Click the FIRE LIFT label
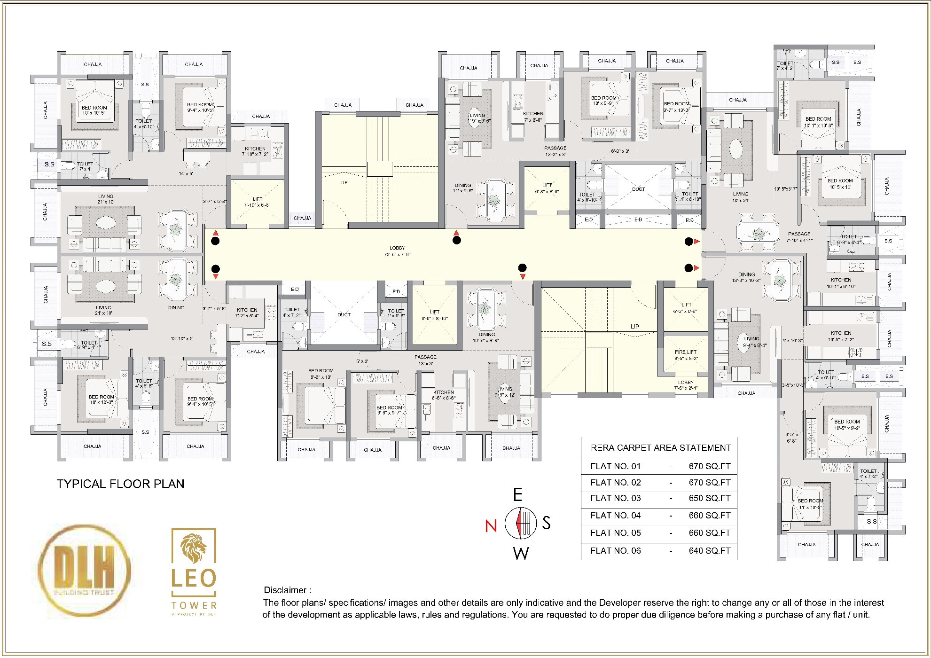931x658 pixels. click(x=686, y=354)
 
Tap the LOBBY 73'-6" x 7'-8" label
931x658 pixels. click(x=397, y=251)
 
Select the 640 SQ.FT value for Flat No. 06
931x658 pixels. click(x=709, y=550)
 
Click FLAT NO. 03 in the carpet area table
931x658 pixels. click(x=615, y=498)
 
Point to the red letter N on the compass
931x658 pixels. click(x=491, y=525)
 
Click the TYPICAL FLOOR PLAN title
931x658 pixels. click(x=120, y=484)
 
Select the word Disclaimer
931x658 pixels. click(x=285, y=590)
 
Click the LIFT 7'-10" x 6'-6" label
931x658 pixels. click(x=258, y=202)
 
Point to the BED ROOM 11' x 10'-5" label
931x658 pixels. click(x=810, y=504)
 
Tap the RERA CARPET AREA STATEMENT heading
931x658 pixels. click(x=661, y=448)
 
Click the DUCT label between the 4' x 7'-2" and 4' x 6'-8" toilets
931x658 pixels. click(x=344, y=314)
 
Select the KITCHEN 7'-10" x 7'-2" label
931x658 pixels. click(x=255, y=151)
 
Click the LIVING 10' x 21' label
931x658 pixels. click(x=740, y=196)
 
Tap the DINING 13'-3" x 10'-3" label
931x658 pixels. click(x=746, y=277)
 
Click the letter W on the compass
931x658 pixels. click(x=521, y=553)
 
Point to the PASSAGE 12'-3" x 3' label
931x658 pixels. click(x=555, y=151)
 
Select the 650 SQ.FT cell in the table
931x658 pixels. click(x=709, y=498)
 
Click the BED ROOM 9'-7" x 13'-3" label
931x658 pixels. click(x=676, y=107)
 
